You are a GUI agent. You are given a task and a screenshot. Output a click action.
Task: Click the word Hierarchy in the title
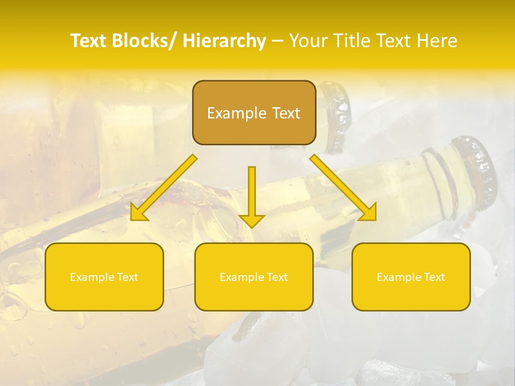point(224,41)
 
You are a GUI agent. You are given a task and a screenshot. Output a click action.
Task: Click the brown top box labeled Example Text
point(254,113)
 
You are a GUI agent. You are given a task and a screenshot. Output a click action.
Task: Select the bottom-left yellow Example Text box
point(104,277)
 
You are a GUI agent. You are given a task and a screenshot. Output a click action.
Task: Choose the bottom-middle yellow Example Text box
point(254,277)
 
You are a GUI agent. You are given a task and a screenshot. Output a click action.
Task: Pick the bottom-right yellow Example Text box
point(411,277)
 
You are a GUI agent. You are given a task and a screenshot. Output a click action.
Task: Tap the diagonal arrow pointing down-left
point(164,188)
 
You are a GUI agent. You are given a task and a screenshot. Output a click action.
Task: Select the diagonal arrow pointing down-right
point(343,188)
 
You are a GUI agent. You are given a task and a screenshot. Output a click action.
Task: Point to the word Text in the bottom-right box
point(433,277)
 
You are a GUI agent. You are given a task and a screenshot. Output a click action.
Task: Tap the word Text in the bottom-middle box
point(276,277)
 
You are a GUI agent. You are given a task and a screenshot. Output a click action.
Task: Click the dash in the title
point(277,41)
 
